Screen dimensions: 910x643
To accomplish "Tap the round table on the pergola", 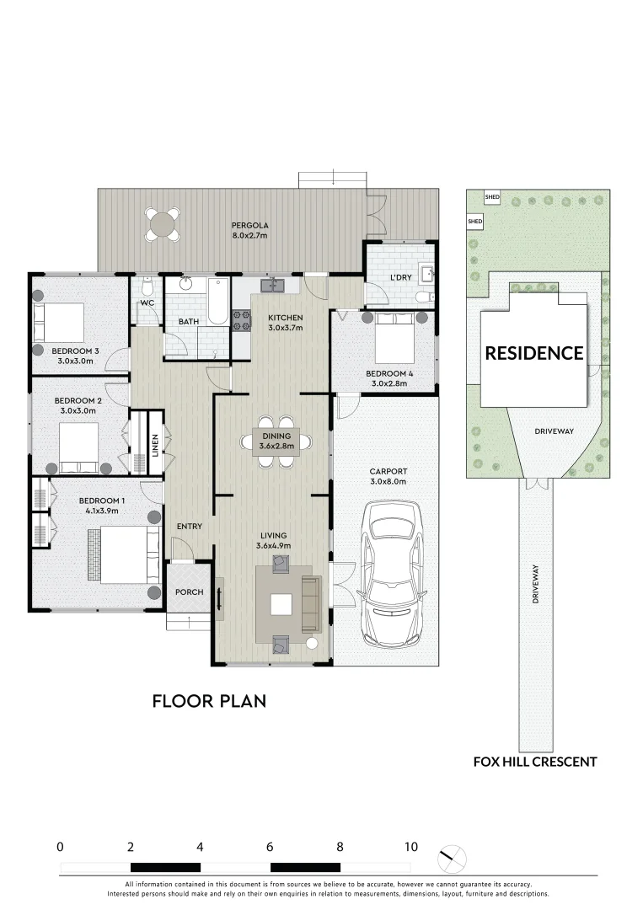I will [x=160, y=224].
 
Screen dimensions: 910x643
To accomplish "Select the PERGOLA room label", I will [x=250, y=226].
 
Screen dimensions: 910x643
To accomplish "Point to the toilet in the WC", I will [x=147, y=285].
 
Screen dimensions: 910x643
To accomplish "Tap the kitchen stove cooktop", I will [x=240, y=319].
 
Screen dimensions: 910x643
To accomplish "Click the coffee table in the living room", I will [x=281, y=605].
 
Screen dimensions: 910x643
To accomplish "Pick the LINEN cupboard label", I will [x=155, y=446].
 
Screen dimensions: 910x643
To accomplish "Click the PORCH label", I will [x=189, y=591].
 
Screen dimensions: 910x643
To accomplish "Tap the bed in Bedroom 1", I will [x=122, y=554].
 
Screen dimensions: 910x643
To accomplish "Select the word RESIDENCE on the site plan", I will [x=533, y=353].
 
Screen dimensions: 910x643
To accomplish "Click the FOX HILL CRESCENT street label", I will [x=535, y=762].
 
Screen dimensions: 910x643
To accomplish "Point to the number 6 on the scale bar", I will [x=270, y=847].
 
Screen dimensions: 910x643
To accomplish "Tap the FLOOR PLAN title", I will [x=209, y=700].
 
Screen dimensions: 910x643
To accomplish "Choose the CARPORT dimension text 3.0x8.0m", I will [x=388, y=482].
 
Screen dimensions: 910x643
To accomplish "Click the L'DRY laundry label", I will [x=399, y=277].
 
